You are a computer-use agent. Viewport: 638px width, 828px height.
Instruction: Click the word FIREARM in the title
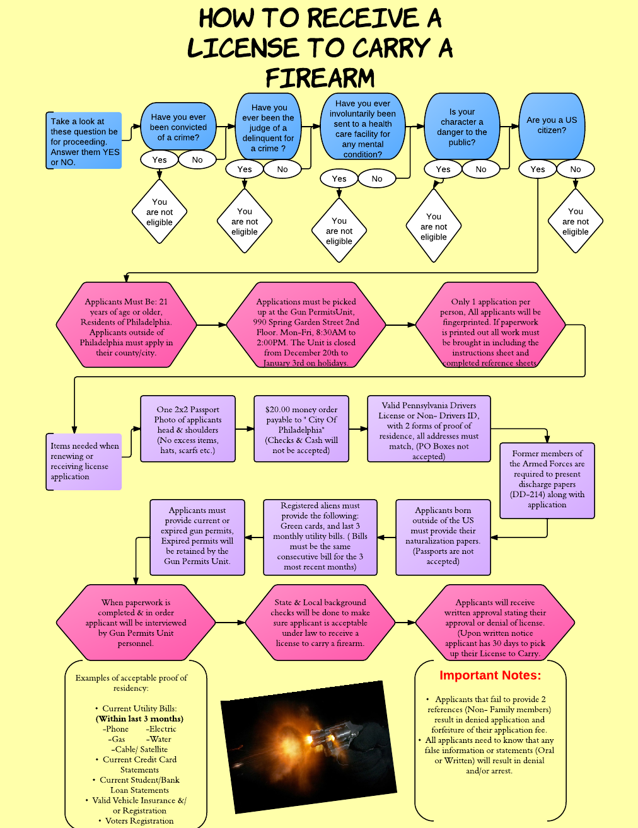pyautogui.click(x=320, y=79)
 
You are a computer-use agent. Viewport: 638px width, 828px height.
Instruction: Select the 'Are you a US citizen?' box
pyautogui.click(x=552, y=126)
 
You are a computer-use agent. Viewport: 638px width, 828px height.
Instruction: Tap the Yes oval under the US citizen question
pyautogui.click(x=538, y=169)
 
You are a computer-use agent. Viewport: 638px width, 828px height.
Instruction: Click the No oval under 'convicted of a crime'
pyautogui.click(x=197, y=159)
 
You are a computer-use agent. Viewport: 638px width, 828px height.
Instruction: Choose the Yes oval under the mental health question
pyautogui.click(x=339, y=178)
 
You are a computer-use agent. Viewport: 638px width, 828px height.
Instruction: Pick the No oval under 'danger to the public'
pyautogui.click(x=481, y=169)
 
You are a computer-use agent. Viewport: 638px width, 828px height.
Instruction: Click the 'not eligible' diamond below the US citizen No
pyautogui.click(x=576, y=221)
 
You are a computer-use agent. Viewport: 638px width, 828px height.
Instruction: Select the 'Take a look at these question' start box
pyautogui.click(x=84, y=141)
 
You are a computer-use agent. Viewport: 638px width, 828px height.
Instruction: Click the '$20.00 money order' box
pyautogui.click(x=301, y=429)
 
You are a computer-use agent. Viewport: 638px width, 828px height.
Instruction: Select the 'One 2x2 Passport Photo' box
pyautogui.click(x=188, y=429)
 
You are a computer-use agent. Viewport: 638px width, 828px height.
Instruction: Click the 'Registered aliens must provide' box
pyautogui.click(x=320, y=537)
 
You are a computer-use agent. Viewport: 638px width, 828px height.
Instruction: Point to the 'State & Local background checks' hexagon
pyautogui.click(x=320, y=623)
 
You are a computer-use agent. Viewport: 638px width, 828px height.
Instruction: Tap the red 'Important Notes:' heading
pyautogui.click(x=490, y=676)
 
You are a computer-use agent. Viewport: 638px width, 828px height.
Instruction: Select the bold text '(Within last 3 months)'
pyautogui.click(x=139, y=718)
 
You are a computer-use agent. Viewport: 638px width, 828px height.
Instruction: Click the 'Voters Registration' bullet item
pyautogui.click(x=139, y=820)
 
